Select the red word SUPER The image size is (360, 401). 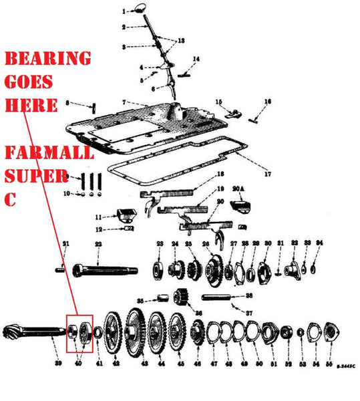[x=33, y=176]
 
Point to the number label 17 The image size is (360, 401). [x=266, y=175]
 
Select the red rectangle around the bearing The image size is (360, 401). [x=79, y=331]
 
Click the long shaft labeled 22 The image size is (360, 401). [x=97, y=269]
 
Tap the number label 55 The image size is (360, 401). [x=329, y=365]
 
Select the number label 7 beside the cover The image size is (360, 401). [x=124, y=102]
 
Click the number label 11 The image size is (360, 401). [x=98, y=217]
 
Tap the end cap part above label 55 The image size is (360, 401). [x=329, y=332]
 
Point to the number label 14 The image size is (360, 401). [x=196, y=59]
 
